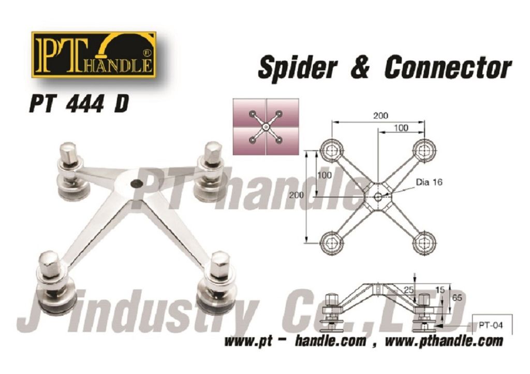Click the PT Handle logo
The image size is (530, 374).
pos(94,55)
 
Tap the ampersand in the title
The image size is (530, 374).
pos(360,67)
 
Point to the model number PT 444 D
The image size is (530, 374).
pos(79,104)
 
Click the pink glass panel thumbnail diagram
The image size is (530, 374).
pos(266,127)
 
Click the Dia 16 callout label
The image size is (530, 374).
pos(429,182)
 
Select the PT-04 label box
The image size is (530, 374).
pos(491,325)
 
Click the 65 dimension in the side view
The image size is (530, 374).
pos(457,297)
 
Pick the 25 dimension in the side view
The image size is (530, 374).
pos(409,290)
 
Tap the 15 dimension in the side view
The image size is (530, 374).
pos(440,290)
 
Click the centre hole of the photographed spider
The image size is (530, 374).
pos(136,183)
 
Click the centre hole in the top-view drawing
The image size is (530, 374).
pos(378,196)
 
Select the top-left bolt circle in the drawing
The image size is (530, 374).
pos(332,150)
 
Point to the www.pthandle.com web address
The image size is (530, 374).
pos(444,341)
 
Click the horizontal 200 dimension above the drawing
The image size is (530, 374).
pos(380,116)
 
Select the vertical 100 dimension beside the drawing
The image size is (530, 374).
pos(325,175)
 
